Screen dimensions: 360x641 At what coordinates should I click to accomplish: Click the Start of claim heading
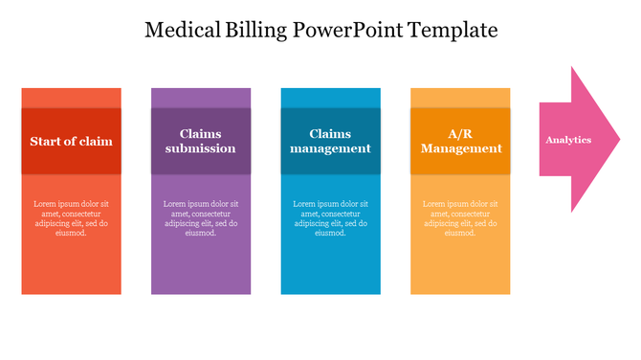tap(71, 141)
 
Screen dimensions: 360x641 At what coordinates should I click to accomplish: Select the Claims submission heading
tap(200, 141)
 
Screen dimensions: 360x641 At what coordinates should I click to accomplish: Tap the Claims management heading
tap(330, 141)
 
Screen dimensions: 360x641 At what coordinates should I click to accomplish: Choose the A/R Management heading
tap(460, 141)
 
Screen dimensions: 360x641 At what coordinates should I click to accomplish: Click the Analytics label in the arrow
tap(568, 140)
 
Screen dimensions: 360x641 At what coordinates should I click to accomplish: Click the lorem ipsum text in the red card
tap(71, 218)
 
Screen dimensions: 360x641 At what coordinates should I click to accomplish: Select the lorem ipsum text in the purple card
tap(201, 218)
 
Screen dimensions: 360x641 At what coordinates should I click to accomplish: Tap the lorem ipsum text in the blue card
tap(330, 218)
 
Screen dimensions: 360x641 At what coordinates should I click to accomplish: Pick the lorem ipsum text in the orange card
tap(460, 218)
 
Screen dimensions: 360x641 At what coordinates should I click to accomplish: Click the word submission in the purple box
tap(200, 148)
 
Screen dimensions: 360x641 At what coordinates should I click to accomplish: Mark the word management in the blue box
tap(330, 148)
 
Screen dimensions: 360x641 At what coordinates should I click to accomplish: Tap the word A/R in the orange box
tap(460, 134)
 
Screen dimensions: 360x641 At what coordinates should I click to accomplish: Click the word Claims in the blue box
tap(330, 134)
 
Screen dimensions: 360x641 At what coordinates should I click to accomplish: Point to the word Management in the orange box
tap(460, 148)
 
